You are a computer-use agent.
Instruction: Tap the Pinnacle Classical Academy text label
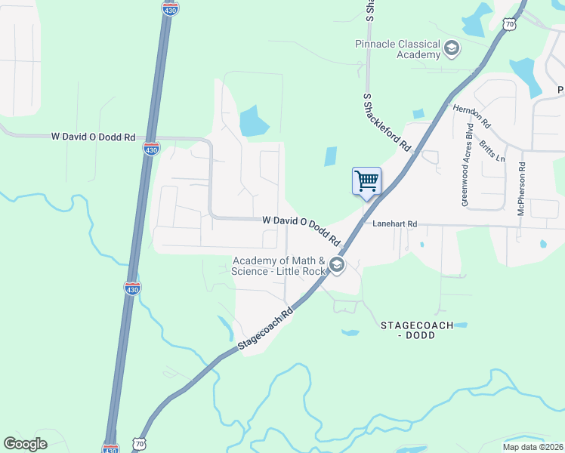point(398,49)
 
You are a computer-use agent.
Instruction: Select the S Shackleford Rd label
point(387,122)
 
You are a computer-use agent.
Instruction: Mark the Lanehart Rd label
point(390,224)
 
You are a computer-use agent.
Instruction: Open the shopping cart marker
point(366,181)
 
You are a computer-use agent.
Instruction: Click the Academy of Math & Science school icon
point(337,265)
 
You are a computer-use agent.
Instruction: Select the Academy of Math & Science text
point(279,266)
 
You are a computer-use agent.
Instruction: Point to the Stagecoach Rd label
point(264,328)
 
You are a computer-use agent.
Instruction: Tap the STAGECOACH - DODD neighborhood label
point(416,330)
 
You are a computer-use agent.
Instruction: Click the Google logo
point(25,444)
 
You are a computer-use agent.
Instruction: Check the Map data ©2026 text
point(533,446)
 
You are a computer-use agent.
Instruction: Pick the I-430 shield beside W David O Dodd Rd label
point(151,148)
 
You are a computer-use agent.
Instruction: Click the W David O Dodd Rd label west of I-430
point(93,137)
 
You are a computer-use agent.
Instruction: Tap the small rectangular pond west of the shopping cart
point(331,156)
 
